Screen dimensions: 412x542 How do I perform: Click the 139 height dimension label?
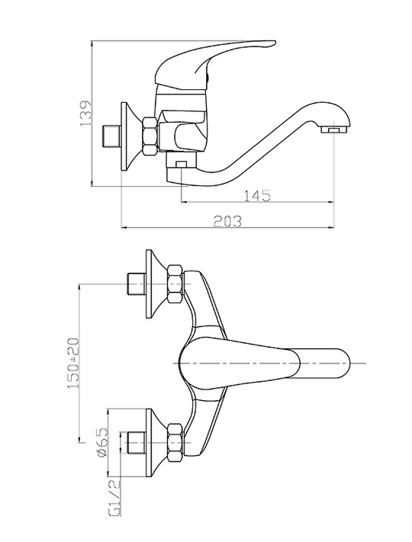[85, 113]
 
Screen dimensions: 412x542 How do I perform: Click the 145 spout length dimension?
[258, 196]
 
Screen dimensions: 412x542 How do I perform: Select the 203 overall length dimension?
[227, 221]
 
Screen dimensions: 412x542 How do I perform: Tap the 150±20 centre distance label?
[74, 363]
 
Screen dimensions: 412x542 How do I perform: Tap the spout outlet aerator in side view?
[333, 130]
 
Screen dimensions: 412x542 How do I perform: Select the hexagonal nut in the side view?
[151, 135]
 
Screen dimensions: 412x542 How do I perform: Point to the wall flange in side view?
[130, 136]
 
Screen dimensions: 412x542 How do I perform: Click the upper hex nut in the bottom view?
[175, 284]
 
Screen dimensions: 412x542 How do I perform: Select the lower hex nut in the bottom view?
[175, 442]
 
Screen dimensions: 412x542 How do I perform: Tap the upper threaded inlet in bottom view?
[136, 284]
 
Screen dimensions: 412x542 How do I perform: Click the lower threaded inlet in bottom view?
[136, 442]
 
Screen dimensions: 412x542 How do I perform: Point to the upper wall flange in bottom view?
[156, 284]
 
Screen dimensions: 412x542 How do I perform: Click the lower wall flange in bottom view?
[156, 443]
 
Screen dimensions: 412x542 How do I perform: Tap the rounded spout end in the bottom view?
[341, 363]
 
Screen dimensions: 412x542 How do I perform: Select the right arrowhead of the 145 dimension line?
[330, 202]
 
